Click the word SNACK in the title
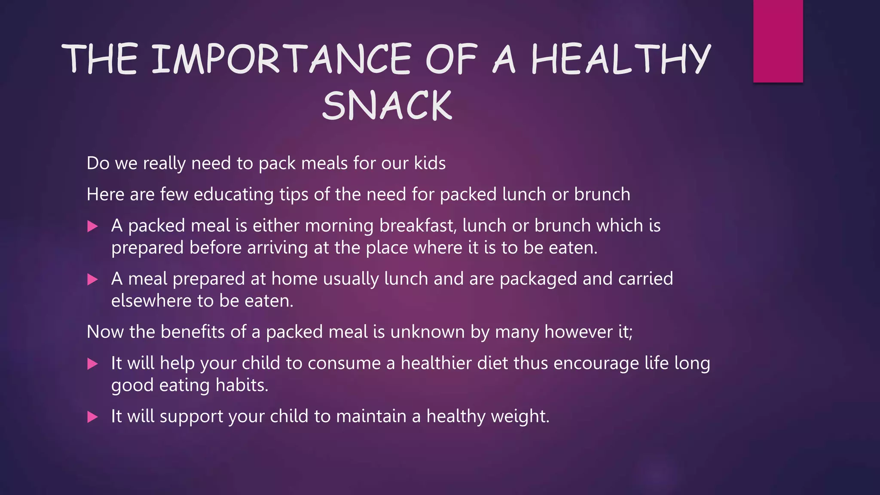(x=387, y=106)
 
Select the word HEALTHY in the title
(x=620, y=59)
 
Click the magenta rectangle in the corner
(x=778, y=41)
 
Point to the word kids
(x=430, y=163)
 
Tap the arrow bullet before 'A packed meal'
(x=92, y=226)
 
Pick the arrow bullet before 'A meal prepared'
(x=92, y=280)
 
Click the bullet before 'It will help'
(x=92, y=364)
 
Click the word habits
(x=241, y=385)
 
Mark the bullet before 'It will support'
(x=92, y=417)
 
